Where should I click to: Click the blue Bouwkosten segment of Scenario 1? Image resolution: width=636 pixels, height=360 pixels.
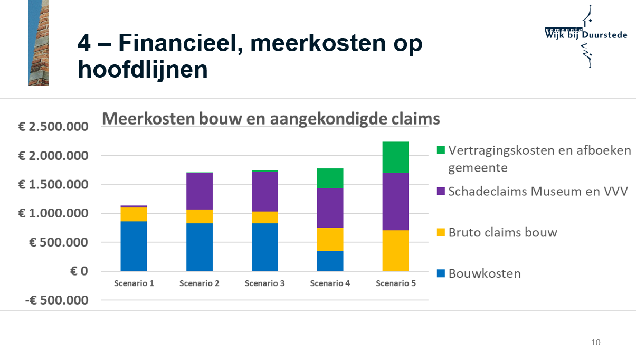pyautogui.click(x=134, y=246)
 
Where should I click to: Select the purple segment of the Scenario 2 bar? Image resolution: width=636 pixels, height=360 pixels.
pyautogui.click(x=199, y=191)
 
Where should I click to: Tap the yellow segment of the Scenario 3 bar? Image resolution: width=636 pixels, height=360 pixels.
pyautogui.click(x=264, y=217)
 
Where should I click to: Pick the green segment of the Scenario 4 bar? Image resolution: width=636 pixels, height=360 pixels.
pyautogui.click(x=330, y=178)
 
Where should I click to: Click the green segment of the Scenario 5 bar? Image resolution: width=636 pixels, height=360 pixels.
pyautogui.click(x=395, y=157)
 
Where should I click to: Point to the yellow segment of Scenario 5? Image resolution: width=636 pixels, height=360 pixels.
pyautogui.click(x=395, y=251)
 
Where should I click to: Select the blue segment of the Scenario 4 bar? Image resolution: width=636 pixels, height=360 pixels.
pyautogui.click(x=330, y=261)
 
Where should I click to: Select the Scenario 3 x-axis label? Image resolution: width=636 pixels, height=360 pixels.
pyautogui.click(x=264, y=283)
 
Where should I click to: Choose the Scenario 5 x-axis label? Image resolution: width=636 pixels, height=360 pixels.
pyautogui.click(x=395, y=283)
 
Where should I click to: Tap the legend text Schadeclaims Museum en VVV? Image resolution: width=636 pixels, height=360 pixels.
pyautogui.click(x=538, y=191)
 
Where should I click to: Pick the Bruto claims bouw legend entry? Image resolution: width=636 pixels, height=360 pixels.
pyautogui.click(x=502, y=232)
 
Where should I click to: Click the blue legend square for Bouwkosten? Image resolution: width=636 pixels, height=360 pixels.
pyautogui.click(x=441, y=273)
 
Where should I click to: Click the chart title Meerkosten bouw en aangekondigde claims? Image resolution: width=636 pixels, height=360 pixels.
pyautogui.click(x=271, y=119)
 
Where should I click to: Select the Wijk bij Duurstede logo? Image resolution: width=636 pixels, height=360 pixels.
pyautogui.click(x=586, y=35)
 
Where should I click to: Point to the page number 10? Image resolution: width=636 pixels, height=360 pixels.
pyautogui.click(x=595, y=343)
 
